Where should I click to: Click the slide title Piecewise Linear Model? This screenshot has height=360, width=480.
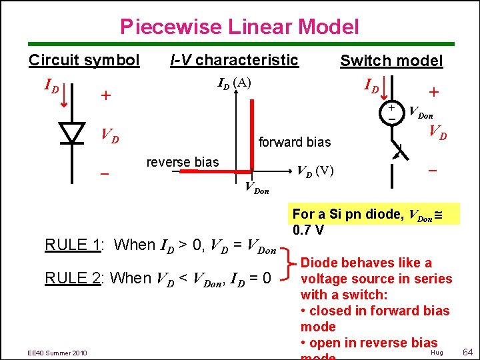pos(239,27)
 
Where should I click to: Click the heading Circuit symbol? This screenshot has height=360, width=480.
pos(84,60)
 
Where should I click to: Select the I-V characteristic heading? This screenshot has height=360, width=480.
pos(234,60)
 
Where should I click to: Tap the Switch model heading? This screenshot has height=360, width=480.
pos(391,61)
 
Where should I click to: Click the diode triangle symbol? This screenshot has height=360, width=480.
pos(71,133)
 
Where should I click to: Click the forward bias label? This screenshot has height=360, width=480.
pos(294,142)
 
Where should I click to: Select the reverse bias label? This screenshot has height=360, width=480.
pos(183,163)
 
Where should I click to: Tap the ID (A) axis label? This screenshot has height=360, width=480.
pos(235,83)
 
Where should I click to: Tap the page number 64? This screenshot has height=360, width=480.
pos(467,351)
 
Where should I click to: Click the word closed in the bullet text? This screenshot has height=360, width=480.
pos(331,311)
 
